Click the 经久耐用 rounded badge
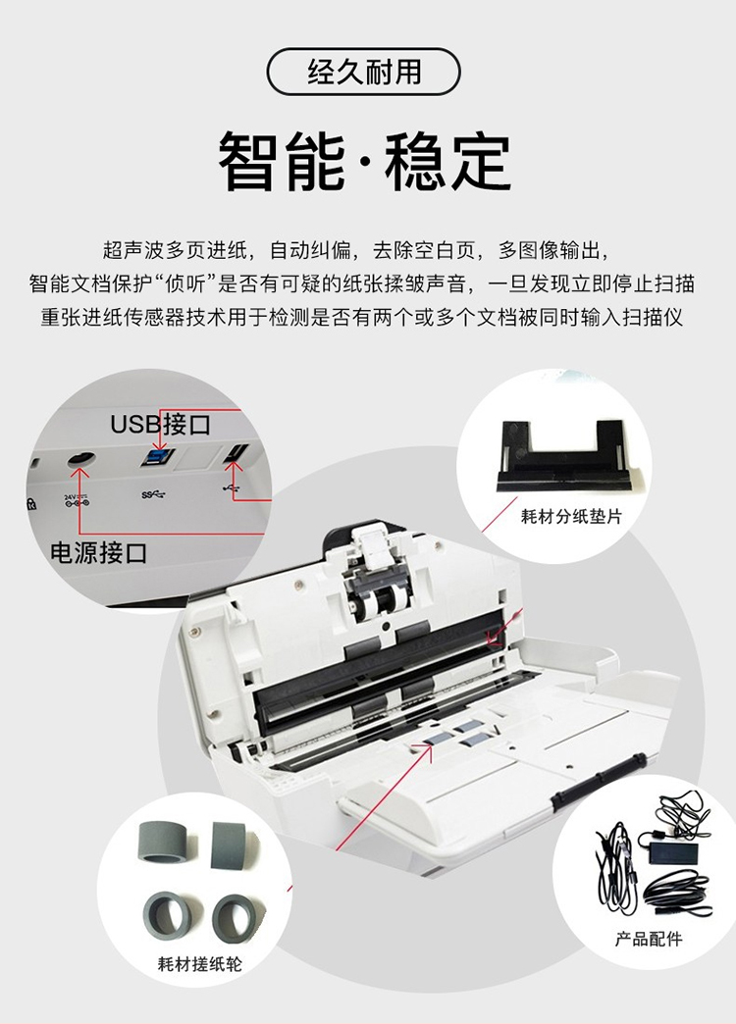coord(363,72)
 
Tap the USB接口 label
coord(160,425)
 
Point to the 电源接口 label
coord(99,553)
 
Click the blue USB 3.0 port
coord(157,456)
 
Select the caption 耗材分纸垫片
coord(570,516)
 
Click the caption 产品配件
coord(648,939)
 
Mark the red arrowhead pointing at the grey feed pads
coord(428,748)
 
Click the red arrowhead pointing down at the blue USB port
coord(162,444)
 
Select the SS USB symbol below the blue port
coord(152,495)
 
